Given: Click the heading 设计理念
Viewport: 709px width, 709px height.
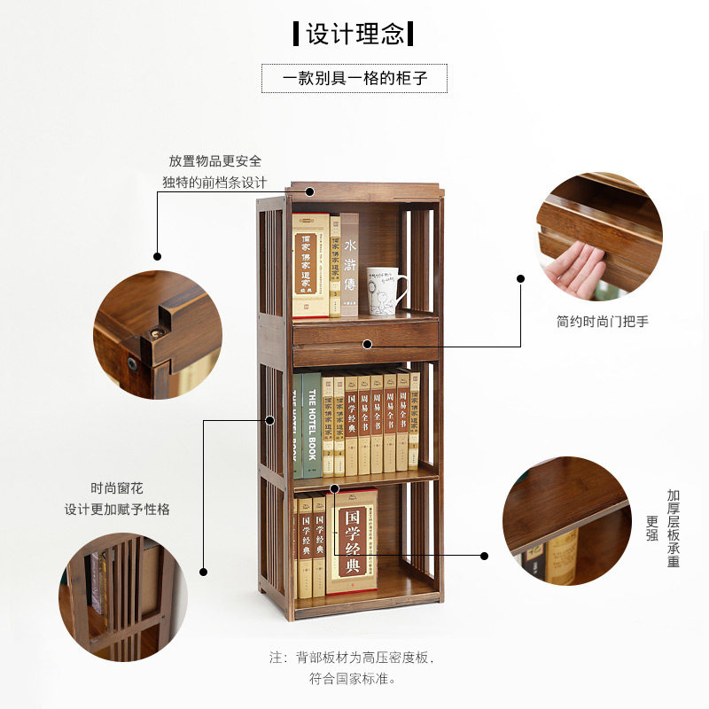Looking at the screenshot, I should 354,35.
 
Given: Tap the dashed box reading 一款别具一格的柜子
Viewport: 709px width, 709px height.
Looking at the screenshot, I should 354,78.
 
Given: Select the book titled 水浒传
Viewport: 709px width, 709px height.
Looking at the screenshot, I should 350,264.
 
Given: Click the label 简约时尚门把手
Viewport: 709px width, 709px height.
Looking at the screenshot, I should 603,321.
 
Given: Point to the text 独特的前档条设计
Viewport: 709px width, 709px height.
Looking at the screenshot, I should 214,182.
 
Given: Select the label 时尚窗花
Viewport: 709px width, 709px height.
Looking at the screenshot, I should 116,488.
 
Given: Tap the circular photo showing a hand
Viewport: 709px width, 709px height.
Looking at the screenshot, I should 599,236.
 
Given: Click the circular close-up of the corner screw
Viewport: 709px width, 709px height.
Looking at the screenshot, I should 157,334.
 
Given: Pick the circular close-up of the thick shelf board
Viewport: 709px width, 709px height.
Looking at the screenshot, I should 567,521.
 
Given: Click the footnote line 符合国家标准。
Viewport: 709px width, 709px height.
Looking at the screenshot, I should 352,679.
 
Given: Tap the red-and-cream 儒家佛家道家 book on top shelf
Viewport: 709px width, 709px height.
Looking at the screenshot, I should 309,265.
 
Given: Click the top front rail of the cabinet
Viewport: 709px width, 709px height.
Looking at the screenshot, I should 364,191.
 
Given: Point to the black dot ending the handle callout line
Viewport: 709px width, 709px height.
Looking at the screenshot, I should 521,278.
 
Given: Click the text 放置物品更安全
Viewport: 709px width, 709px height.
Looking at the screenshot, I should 215,161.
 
